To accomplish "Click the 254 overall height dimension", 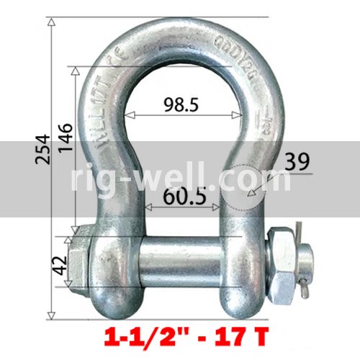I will click(x=41, y=148).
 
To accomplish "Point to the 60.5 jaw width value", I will click(x=183, y=195).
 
